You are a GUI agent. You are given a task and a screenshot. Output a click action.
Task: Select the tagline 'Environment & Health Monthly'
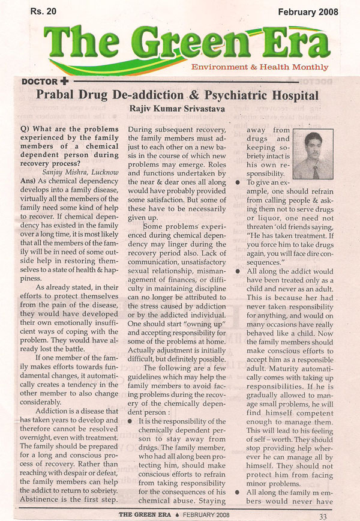[259, 67]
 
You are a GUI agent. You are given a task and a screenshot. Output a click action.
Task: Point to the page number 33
[323, 514]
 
